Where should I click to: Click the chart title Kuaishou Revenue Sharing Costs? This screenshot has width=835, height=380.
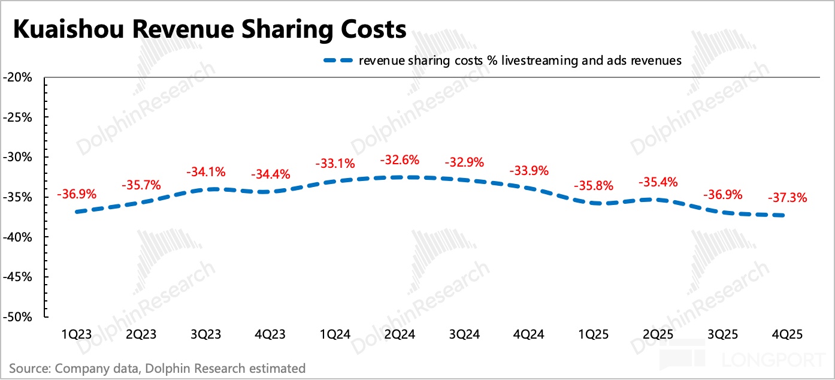tap(210, 29)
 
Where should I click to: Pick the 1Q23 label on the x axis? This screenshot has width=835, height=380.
tap(77, 334)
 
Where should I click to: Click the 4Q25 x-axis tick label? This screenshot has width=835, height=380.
tap(787, 334)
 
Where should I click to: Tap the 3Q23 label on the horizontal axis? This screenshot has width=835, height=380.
tap(207, 334)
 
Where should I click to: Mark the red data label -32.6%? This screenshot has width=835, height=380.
tap(400, 160)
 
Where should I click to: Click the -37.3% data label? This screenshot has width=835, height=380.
tap(787, 197)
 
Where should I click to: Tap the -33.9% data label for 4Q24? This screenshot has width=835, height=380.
tap(529, 171)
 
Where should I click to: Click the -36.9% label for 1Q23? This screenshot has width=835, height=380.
tap(76, 194)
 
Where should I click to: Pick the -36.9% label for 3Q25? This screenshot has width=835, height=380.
tap(722, 194)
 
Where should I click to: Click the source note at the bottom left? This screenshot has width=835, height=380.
tap(157, 368)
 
